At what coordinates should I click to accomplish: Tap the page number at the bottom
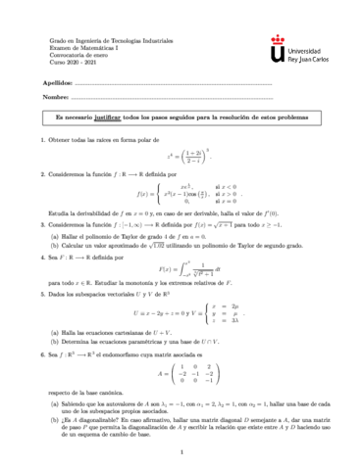click(182, 452)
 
